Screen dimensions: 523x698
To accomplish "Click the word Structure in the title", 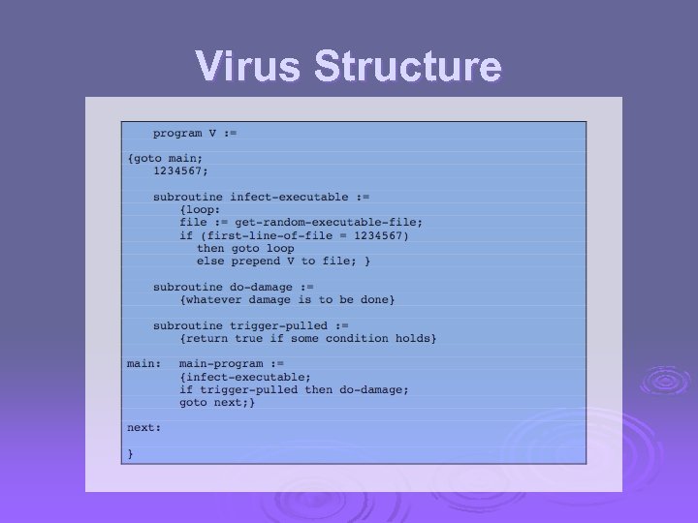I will coord(408,67).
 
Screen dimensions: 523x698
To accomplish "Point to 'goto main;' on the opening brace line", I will coord(170,159).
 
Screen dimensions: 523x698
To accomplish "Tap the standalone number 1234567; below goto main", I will coord(180,171).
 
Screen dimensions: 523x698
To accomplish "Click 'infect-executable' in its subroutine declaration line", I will coord(289,197).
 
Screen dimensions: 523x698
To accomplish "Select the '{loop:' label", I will coord(200,209).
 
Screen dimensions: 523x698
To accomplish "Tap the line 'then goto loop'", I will coord(245,248).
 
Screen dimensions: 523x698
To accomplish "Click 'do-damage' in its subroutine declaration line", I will coord(263,287).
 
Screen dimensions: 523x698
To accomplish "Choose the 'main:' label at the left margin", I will coord(143,363).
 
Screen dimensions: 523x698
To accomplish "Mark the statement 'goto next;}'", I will coord(217,402).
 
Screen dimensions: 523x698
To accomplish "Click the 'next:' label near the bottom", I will coord(143,427).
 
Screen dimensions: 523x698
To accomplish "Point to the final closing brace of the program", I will coord(131,452).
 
